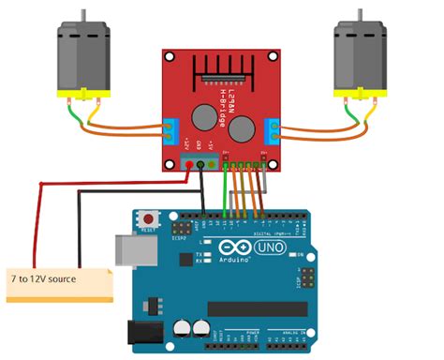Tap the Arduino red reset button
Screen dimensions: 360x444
click(x=148, y=220)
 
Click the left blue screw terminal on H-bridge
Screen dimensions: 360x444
click(x=170, y=129)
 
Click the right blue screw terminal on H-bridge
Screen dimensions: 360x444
click(x=273, y=129)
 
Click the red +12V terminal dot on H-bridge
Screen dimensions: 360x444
click(x=189, y=166)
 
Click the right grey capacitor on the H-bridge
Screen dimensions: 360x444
click(x=241, y=126)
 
